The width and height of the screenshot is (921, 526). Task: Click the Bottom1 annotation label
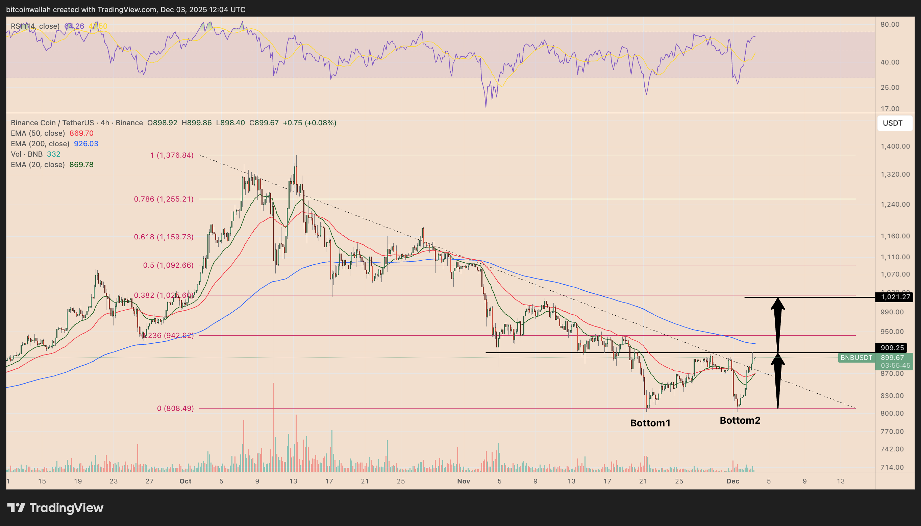[650, 423]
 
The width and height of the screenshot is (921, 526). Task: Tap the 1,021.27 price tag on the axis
[895, 297]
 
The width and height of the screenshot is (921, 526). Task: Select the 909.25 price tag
[892, 348]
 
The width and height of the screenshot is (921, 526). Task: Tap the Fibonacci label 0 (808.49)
[175, 408]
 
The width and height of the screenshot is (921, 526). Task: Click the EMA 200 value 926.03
[86, 144]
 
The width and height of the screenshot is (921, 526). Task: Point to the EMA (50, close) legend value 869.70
[81, 133]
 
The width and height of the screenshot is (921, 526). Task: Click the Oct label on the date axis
[185, 481]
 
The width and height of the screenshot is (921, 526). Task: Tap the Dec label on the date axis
[733, 481]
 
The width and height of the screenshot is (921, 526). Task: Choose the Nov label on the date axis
[464, 481]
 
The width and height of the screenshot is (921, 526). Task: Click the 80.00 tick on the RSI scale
[890, 25]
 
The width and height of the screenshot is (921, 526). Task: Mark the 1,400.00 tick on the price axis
[895, 146]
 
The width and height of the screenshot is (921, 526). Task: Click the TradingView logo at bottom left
[55, 508]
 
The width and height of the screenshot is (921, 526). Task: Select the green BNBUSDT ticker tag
[856, 358]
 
